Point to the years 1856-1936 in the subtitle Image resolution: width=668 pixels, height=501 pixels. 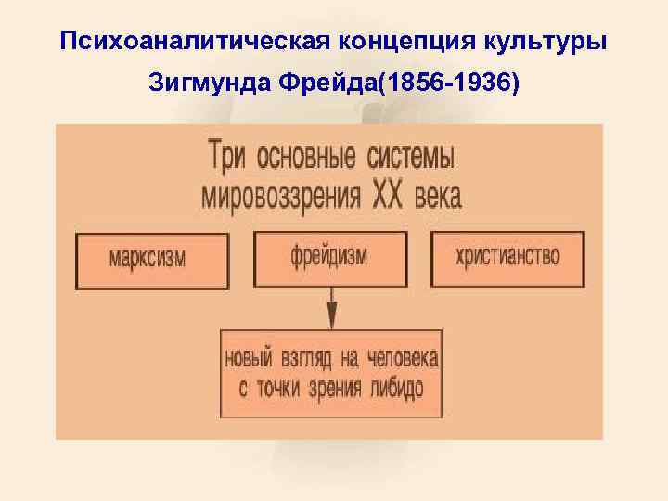click(x=445, y=84)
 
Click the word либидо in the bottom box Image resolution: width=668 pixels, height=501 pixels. click(x=394, y=389)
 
